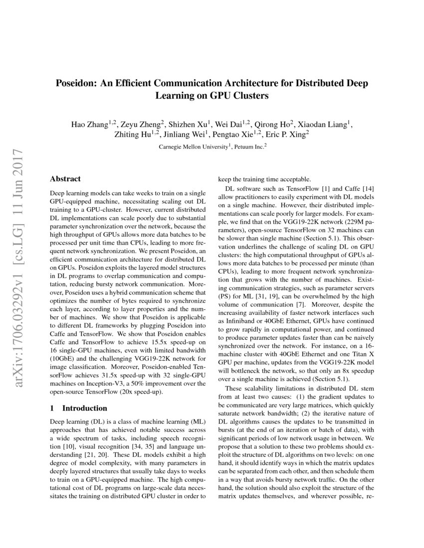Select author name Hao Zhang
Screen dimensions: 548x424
click(x=90, y=124)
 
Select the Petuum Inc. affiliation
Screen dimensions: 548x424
click(x=250, y=147)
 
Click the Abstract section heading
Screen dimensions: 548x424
click(x=65, y=179)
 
